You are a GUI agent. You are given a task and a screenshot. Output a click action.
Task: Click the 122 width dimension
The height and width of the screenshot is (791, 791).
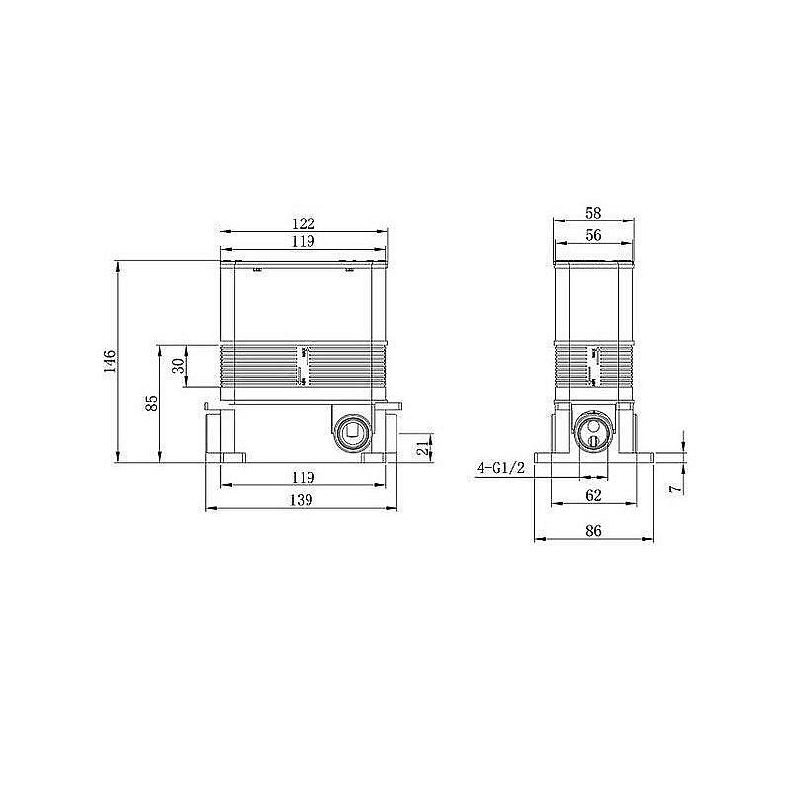click(303, 222)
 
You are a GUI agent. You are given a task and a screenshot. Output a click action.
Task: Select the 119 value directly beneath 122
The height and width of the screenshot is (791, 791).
click(303, 241)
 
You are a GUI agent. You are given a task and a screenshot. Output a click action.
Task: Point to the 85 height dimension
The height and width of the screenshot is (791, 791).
click(151, 403)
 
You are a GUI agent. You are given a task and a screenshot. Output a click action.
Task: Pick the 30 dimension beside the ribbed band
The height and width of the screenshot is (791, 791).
click(178, 365)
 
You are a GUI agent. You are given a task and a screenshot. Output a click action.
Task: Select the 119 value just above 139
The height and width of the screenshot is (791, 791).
click(303, 477)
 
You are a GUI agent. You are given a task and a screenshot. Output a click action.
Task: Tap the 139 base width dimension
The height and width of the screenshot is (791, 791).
click(303, 500)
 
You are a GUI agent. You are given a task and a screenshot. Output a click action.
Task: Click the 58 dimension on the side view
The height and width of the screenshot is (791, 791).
click(592, 213)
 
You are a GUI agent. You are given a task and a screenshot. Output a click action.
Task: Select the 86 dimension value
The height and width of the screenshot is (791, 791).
click(592, 531)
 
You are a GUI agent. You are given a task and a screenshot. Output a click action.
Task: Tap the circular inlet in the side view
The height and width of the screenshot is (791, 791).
click(591, 431)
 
